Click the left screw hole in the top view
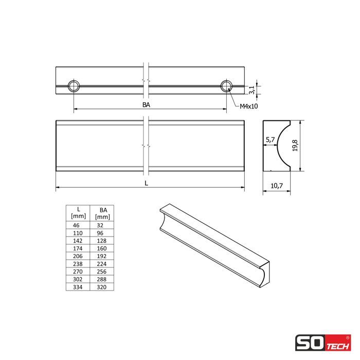(74, 86)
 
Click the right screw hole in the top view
(227, 86)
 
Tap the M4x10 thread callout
(248, 106)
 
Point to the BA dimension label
(146, 105)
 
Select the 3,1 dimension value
(251, 90)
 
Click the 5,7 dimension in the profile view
(270, 139)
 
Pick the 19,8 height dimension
(295, 146)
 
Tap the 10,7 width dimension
(277, 186)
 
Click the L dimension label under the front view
(146, 183)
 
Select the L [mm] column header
(78, 212)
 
